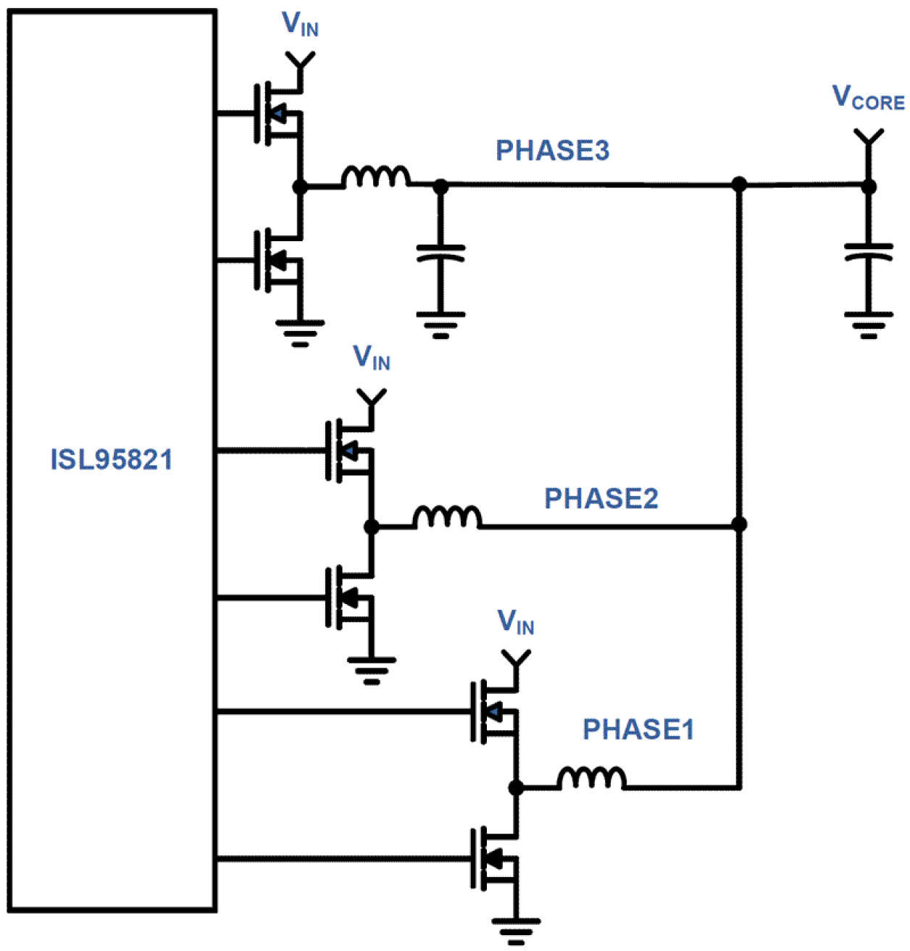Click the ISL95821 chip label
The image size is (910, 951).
coord(112,460)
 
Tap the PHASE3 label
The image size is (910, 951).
coord(552,151)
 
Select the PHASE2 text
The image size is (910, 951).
coord(601,498)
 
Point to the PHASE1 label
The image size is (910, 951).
coord(638,729)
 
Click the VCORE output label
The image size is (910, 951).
coord(868,98)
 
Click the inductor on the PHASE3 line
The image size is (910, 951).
coord(375,177)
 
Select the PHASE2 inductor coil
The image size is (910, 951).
coord(446,517)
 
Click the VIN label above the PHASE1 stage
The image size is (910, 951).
coord(516,622)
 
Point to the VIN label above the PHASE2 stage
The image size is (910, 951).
coord(372,358)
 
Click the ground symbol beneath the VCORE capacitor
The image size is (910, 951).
coord(868,324)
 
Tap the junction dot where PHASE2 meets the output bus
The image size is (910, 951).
coord(739,524)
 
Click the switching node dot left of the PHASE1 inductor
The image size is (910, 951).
coord(516,787)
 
